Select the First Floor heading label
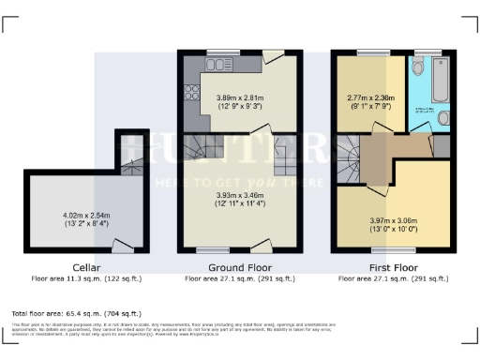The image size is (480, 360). (x=391, y=267)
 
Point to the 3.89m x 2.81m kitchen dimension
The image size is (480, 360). (x=241, y=101)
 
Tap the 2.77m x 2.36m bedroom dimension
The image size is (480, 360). (x=370, y=101)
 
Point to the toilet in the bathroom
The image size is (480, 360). (x=418, y=69)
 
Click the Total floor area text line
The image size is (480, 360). (x=76, y=312)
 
